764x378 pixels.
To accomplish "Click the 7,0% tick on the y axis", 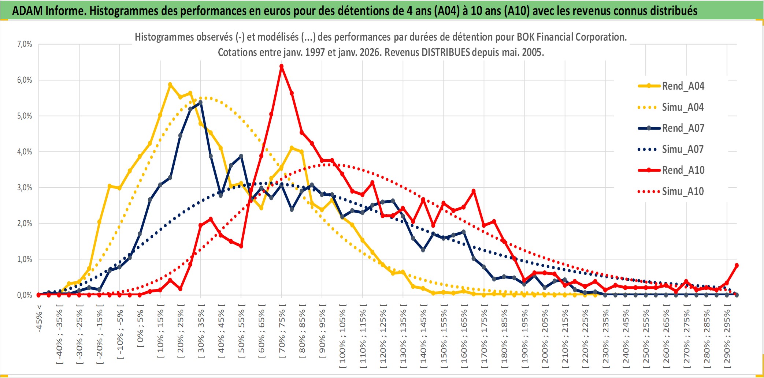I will (x=25, y=44).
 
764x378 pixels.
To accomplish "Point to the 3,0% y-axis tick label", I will (x=25, y=188).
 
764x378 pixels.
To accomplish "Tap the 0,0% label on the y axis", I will (x=25, y=295).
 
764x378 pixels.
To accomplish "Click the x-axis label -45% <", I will (x=39, y=318).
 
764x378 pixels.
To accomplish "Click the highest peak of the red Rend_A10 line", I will (x=281, y=67).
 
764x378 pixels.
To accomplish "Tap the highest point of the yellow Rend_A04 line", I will (x=170, y=85).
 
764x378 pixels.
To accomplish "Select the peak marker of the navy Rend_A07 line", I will (x=200, y=102).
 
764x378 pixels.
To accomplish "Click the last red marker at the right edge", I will (x=737, y=265).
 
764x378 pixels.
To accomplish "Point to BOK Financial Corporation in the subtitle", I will (x=571, y=37).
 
